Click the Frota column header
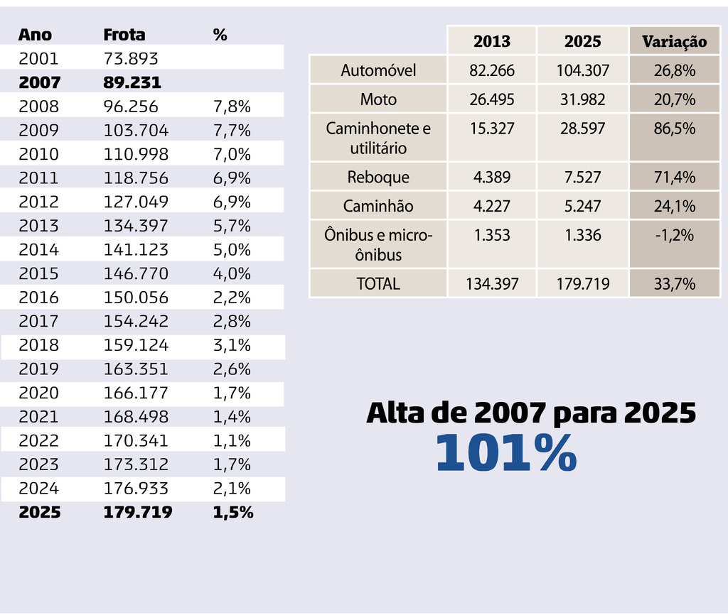(124, 34)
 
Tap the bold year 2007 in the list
(39, 82)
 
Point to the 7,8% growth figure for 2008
(232, 107)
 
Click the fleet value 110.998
(136, 154)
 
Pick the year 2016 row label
(38, 298)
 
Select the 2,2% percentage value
(232, 298)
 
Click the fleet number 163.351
(136, 369)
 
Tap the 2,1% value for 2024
(232, 489)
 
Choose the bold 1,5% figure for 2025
(233, 512)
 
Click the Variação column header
(674, 41)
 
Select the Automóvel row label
(378, 70)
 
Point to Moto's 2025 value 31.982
(582, 99)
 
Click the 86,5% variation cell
(674, 129)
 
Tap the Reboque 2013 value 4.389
(491, 177)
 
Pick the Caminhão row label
(378, 206)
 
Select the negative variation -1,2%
(674, 235)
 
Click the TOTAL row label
(378, 284)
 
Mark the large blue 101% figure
(505, 453)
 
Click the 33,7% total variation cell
(674, 284)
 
